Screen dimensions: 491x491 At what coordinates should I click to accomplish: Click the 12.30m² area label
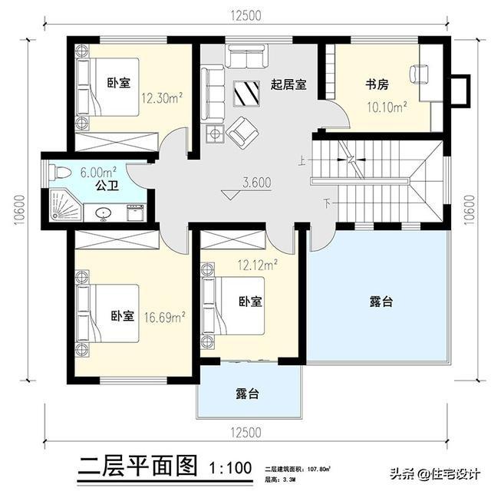tap(161, 98)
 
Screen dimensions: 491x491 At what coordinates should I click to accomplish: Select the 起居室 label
tap(288, 84)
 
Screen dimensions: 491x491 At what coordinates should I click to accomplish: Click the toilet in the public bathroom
tap(58, 172)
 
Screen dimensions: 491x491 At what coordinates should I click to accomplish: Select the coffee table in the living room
tap(248, 93)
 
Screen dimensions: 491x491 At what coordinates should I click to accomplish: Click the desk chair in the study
tap(419, 74)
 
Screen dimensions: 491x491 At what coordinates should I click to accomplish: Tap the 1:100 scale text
tap(230, 466)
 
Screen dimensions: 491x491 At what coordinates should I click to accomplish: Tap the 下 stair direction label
tap(328, 204)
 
